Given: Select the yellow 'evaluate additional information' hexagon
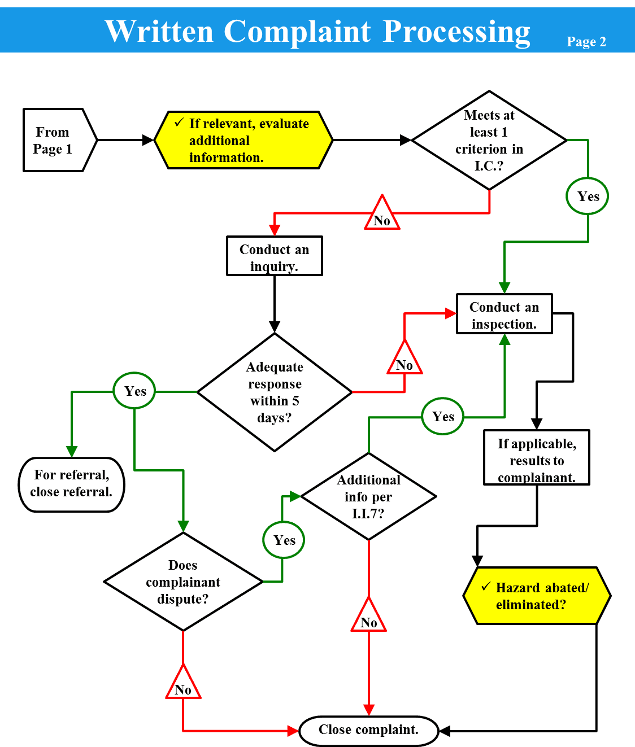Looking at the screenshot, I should [243, 140].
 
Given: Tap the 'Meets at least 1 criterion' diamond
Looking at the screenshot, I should [489, 140].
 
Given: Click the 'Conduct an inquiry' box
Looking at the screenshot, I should [275, 256].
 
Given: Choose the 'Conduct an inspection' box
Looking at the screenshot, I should [504, 314].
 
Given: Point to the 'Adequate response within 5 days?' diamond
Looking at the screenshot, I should [275, 392].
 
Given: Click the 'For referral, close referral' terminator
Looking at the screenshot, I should [71, 484].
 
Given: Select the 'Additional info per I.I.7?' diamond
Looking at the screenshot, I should [368, 497].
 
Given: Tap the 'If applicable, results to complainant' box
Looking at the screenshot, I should [537, 458].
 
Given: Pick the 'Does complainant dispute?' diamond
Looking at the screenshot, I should [183, 582].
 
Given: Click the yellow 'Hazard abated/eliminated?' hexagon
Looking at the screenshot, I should [537, 596].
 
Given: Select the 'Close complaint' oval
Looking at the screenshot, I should [368, 731].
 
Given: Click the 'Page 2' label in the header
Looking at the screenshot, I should [586, 42].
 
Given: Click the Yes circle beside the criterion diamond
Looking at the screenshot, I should [588, 196].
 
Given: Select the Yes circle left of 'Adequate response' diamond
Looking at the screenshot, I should [134, 391].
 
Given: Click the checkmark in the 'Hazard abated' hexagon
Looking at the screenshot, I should [485, 587].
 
